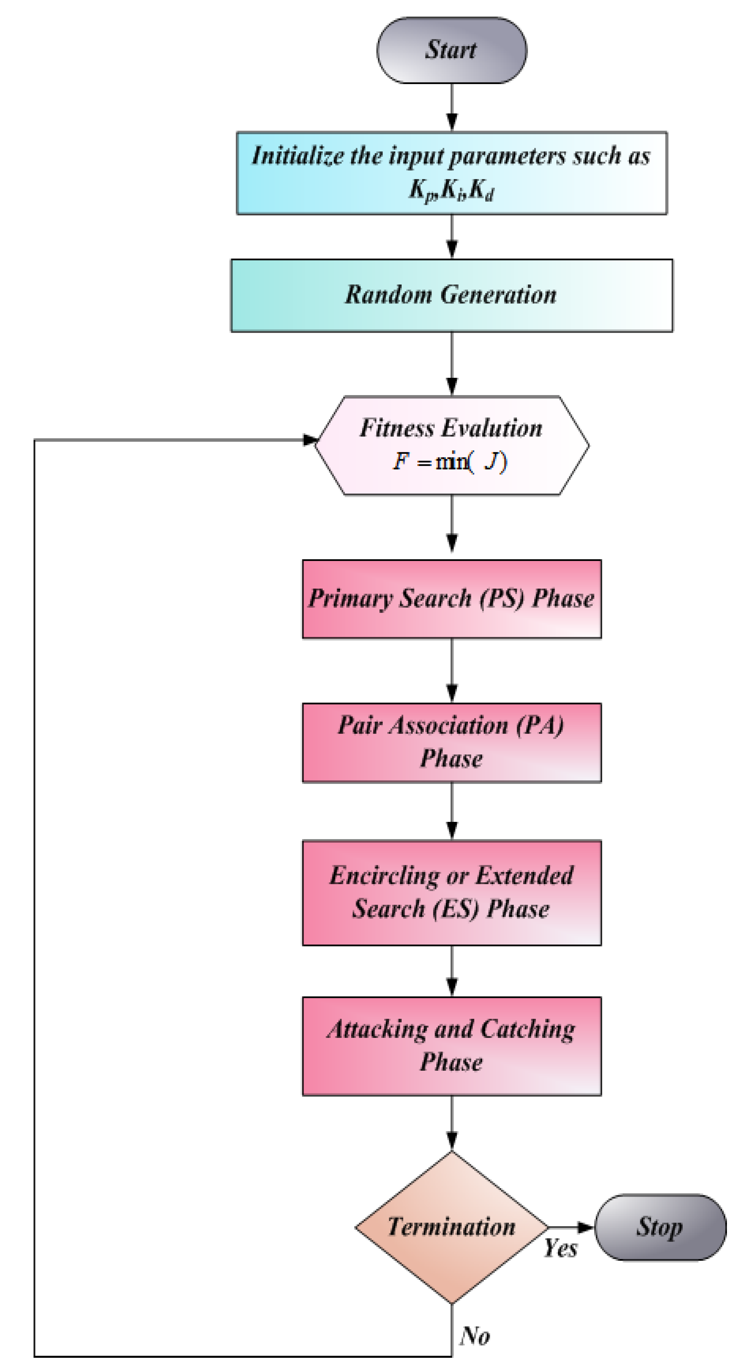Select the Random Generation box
pos(451,295)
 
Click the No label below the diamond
pos(475,1336)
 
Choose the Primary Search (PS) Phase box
pos(451,599)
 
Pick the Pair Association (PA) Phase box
pos(451,742)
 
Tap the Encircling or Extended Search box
pos(451,893)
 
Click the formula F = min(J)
pos(450,462)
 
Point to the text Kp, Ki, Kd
pos(451,190)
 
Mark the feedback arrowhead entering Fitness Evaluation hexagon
pos(310,440)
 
